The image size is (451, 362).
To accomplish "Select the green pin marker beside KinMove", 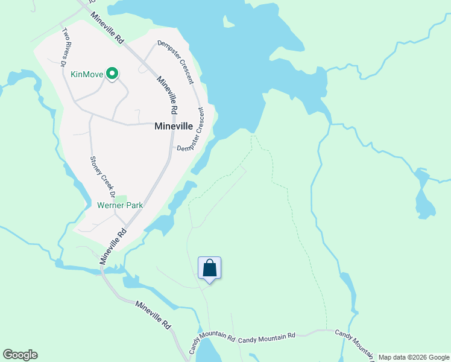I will point(112,74).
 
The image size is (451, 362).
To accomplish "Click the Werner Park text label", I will point(120,205).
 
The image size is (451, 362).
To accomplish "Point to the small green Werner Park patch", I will point(121,198).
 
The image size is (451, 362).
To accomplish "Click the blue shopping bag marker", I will point(209,268).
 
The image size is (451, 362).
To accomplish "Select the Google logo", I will point(20,355).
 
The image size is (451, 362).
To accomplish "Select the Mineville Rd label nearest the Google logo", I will point(153,316).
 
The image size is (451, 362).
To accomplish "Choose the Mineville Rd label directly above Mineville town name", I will point(168,95).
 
